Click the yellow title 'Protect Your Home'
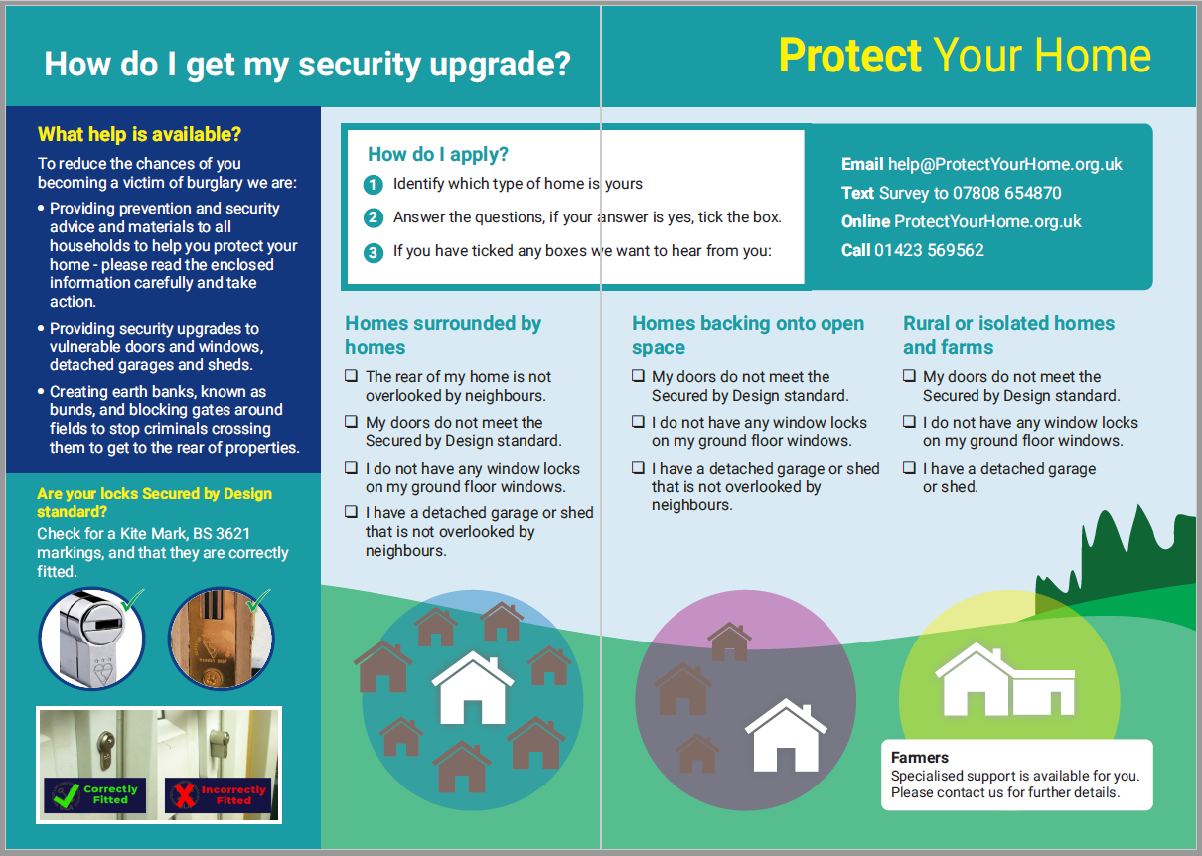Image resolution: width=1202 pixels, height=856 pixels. coord(965,56)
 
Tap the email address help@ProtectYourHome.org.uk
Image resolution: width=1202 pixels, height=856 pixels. coord(1004,164)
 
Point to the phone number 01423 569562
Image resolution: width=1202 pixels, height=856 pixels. coord(929,250)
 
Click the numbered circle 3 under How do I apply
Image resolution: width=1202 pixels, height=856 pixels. coord(373,252)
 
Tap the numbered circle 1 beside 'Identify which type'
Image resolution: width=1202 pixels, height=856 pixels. coord(373,185)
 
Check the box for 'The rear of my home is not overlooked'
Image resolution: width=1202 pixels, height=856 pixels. coord(351,375)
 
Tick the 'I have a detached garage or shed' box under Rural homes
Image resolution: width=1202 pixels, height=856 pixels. coord(909,467)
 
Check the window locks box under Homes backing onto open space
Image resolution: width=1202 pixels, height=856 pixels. coord(638,422)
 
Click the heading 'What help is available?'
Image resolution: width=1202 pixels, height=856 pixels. coord(139,134)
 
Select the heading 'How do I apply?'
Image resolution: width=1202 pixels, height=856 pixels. coord(438,154)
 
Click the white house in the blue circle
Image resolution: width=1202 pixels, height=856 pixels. coord(473,688)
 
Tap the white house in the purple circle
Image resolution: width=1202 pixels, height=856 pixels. coord(786,735)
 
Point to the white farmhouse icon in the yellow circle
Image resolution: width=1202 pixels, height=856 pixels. coord(1005,679)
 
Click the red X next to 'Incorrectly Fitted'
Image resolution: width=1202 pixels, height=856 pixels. coord(185,794)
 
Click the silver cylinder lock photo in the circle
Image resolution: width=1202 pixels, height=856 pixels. coord(91,639)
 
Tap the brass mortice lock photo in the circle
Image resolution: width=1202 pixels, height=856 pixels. coord(222,639)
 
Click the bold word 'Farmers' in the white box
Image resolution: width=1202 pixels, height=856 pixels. coord(920,758)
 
